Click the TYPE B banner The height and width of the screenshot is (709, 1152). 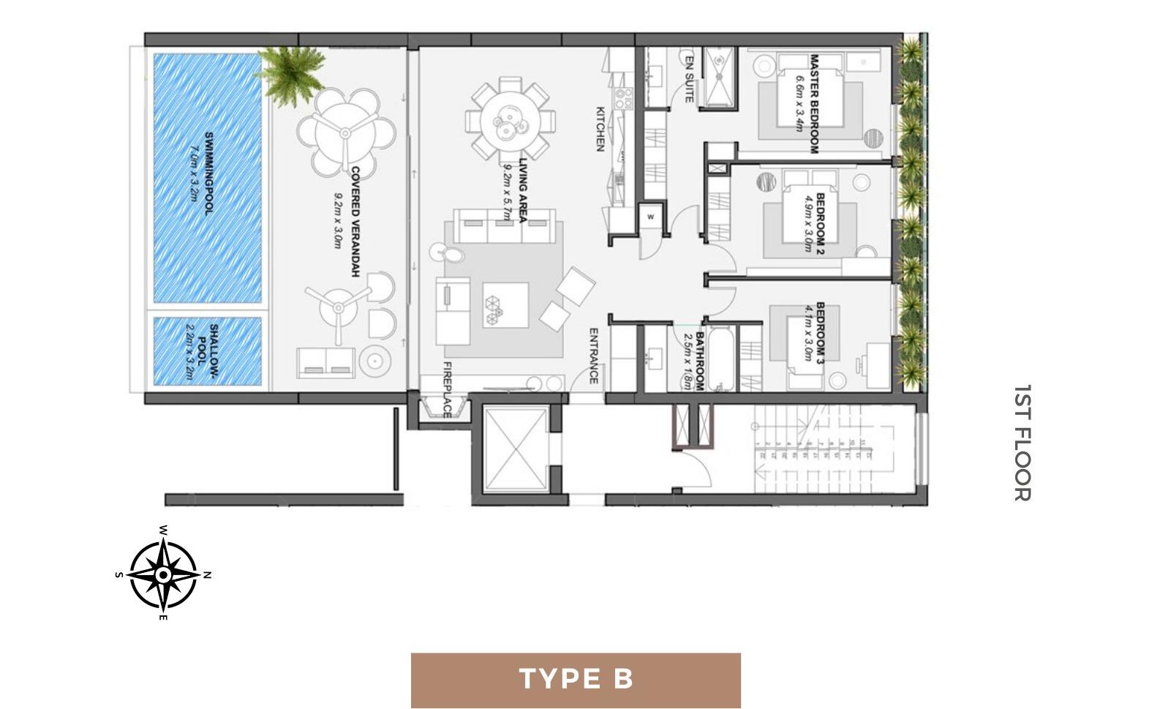pos(576,680)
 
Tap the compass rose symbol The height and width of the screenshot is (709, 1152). pos(163,575)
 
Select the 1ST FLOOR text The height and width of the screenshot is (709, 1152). pos(1023,443)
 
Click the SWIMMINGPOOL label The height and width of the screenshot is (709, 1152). pos(208,173)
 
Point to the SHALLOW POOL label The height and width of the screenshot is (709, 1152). pos(212,351)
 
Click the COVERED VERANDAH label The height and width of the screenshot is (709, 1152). pos(355,221)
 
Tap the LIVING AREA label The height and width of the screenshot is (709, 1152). pos(523,190)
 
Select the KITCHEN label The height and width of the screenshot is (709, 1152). pos(600,129)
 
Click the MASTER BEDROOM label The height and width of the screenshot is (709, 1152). pos(813,103)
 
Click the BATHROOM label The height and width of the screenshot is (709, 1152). pos(699,361)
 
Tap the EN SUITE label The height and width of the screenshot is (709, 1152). pos(689,77)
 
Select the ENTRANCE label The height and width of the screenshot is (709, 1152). pos(593,356)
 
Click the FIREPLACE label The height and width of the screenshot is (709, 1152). pos(447,389)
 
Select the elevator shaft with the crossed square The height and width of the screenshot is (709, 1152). pos(515,449)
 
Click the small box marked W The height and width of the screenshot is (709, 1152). pos(650,217)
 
